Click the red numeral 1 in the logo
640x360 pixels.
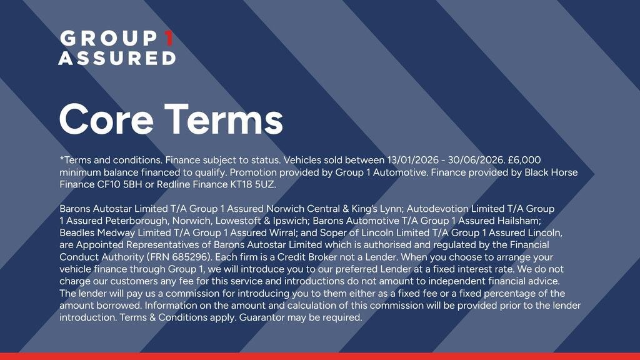pos(169,38)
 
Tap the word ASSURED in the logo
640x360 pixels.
pos(117,58)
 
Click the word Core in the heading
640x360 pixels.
pos(106,119)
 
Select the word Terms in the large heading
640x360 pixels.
pos(223,119)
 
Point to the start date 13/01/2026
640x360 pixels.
pos(412,160)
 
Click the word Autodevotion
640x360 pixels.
pos(437,209)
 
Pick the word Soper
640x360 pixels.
pos(332,233)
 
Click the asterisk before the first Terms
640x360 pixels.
pos(62,158)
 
